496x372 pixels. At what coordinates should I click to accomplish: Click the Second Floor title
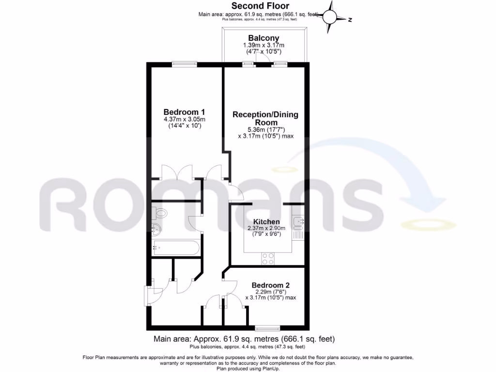260,6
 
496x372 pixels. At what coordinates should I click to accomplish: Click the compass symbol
331,17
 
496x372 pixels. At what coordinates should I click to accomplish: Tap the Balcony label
263,38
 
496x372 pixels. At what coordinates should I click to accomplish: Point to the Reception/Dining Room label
265,119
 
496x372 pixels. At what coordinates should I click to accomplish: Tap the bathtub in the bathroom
175,248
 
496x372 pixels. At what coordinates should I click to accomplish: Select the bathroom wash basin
155,229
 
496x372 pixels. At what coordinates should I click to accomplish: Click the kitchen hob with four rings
268,259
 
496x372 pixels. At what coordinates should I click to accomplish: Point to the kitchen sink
298,222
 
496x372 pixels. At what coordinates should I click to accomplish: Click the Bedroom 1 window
185,63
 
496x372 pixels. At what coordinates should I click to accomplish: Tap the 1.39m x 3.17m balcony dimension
263,45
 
